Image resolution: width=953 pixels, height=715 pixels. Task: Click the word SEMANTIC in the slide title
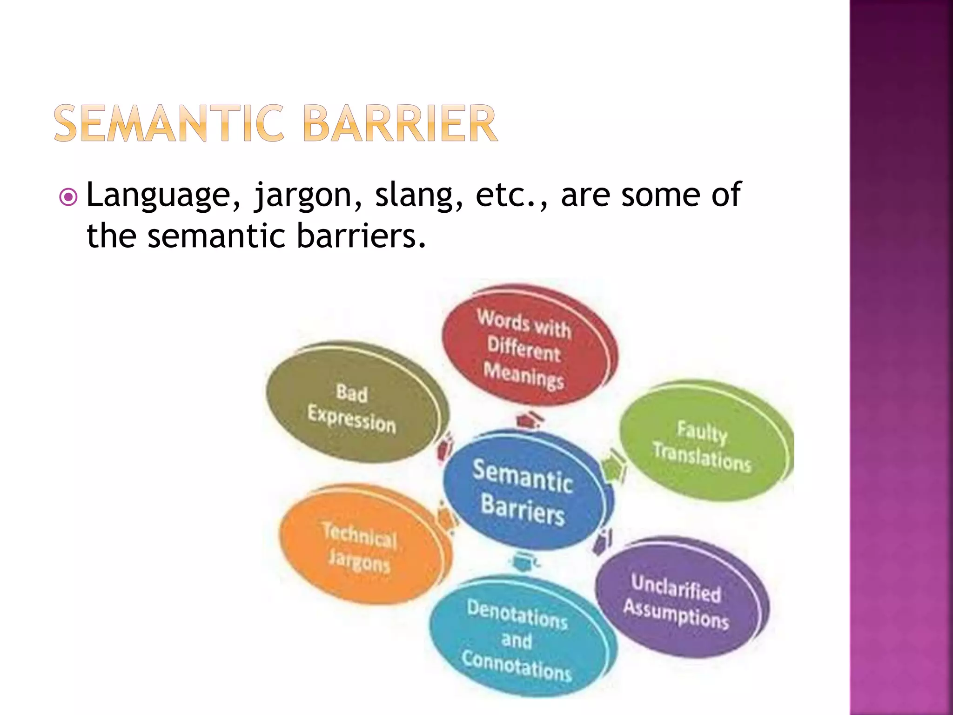point(168,123)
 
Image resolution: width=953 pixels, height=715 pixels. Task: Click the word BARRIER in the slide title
point(401,123)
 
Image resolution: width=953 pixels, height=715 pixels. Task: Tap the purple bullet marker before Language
point(68,197)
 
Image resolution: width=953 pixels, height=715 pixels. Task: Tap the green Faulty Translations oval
point(703,442)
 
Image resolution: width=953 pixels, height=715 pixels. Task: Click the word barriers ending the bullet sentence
point(361,236)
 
